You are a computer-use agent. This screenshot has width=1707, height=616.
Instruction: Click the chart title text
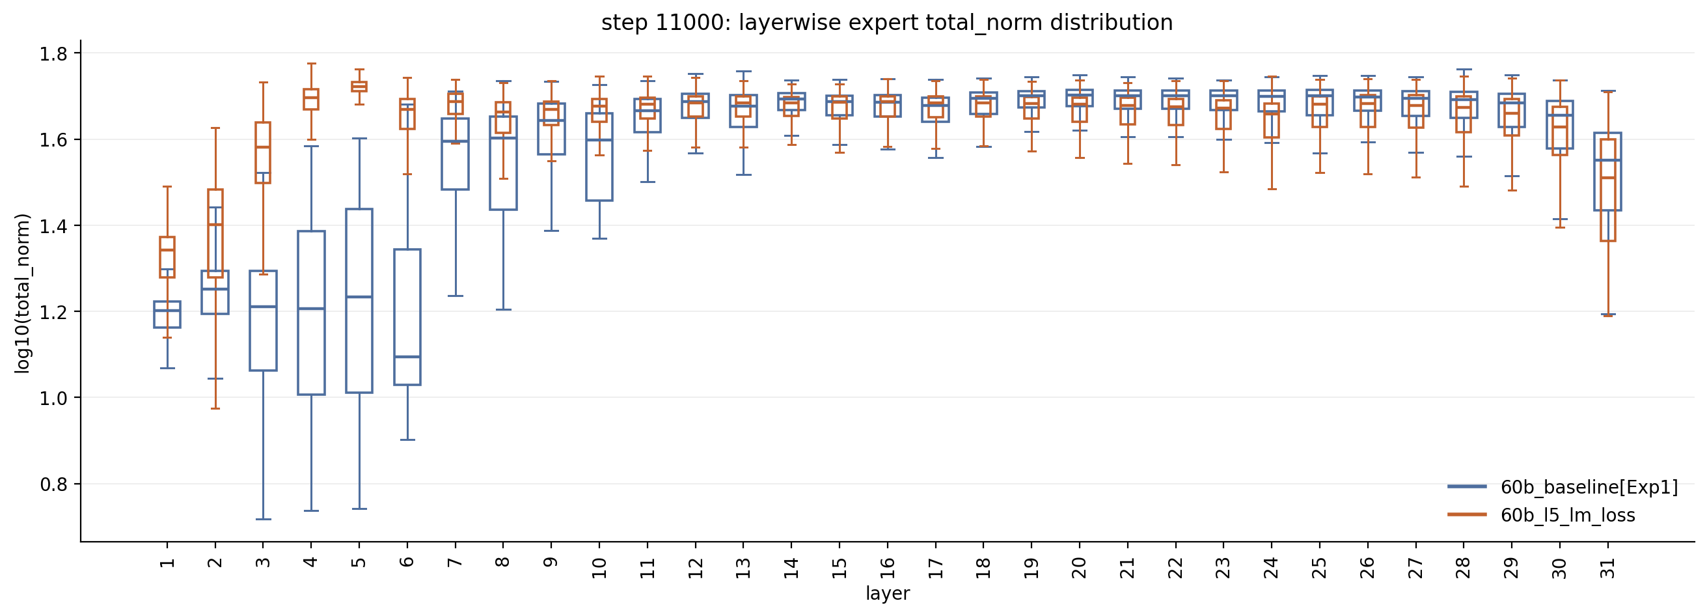pos(886,23)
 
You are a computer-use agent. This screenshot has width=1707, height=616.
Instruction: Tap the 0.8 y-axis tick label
pos(54,484)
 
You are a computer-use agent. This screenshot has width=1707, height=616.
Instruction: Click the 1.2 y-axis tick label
pos(54,313)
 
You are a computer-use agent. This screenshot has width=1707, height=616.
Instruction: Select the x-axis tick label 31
pos(1608,568)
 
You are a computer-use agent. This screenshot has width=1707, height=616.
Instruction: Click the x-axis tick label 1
pos(167,563)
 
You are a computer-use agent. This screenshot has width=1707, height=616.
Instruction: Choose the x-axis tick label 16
pos(887,568)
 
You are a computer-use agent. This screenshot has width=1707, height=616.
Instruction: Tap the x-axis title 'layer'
pos(887,593)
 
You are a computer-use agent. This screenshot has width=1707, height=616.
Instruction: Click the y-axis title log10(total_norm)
pos(23,293)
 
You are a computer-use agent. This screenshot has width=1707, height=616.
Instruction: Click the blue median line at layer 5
pos(359,296)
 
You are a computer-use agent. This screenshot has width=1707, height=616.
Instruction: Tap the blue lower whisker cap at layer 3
pos(263,519)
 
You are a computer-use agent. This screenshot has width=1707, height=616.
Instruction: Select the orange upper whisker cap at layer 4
pos(312,64)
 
